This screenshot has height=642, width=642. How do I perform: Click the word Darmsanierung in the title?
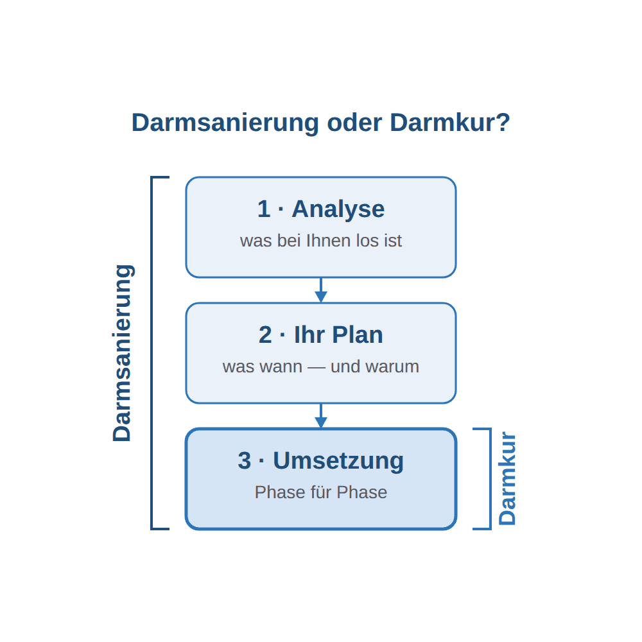point(225,123)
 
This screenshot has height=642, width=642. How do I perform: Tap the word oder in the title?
point(354,123)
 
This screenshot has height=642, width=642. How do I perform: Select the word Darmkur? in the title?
point(450,123)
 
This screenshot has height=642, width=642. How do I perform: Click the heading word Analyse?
point(338,209)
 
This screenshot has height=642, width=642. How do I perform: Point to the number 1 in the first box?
point(264,209)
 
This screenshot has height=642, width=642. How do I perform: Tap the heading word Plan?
point(358,335)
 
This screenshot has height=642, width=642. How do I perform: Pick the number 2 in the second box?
point(265,335)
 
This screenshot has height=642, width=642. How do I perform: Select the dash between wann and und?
point(317,368)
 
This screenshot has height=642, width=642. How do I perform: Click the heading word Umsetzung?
point(338,460)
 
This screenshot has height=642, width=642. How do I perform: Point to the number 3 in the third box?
point(245,460)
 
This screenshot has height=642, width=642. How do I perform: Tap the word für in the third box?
point(321,492)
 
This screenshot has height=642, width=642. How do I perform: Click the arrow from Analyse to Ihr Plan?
point(321,290)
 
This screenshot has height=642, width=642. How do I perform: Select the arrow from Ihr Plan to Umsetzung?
point(321,416)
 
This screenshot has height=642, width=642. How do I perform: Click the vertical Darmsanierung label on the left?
point(122,353)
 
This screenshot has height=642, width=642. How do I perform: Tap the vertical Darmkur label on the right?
point(507,478)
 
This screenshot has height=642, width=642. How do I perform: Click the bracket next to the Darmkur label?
point(490,479)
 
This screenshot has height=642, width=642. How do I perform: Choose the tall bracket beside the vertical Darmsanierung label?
point(152,353)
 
